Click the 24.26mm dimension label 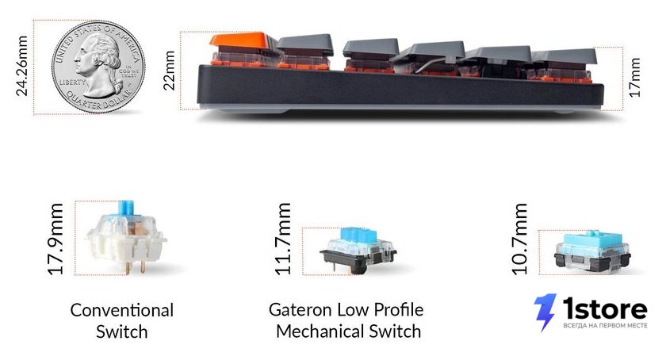tap(21, 66)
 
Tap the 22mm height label tap(169, 70)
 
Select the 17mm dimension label tap(633, 78)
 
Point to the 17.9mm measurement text tap(55, 239)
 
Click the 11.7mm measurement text tap(283, 239)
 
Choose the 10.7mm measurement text tap(519, 239)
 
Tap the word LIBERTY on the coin tap(72, 82)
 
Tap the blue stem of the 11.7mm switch tap(359, 235)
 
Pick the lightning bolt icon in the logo tap(545, 312)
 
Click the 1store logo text tap(605, 308)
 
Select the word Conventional tap(122, 310)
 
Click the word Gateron tap(300, 310)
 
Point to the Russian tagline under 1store tap(605, 326)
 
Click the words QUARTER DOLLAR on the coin tap(97, 101)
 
